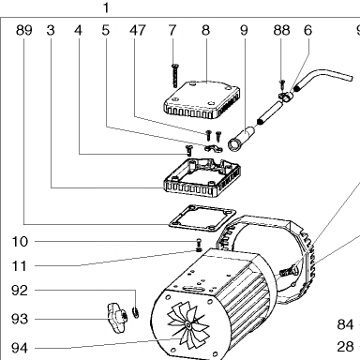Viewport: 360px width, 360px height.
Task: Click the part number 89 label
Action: (24, 30)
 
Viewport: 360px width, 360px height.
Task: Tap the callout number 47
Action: (138, 30)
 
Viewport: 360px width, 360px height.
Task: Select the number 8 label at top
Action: (205, 30)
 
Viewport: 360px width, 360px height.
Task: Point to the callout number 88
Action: (281, 30)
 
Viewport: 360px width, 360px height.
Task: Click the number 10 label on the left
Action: (20, 242)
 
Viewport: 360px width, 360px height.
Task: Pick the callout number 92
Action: (20, 291)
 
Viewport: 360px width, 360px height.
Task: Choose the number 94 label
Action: (20, 348)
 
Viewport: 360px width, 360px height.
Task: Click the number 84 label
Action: (345, 324)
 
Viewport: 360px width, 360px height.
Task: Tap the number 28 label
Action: (345, 347)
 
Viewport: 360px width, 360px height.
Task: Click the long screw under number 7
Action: (175, 75)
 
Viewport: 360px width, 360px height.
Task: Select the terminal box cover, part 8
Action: (202, 99)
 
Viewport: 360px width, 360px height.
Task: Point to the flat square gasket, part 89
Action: (202, 218)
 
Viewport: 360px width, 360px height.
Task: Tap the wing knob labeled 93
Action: (116, 318)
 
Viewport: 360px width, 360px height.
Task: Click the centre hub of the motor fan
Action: (188, 326)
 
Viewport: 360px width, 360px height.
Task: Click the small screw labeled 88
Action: (282, 84)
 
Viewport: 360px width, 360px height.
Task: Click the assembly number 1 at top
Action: (106, 7)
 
